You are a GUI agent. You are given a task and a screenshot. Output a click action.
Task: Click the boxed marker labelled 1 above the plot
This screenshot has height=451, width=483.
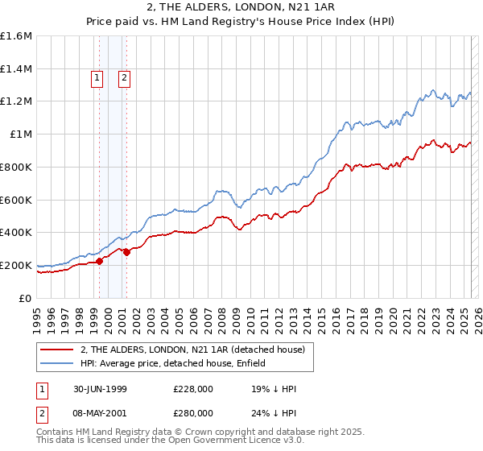click(97, 78)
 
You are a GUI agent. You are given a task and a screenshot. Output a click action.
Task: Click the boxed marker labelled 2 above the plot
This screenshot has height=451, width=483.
click(125, 78)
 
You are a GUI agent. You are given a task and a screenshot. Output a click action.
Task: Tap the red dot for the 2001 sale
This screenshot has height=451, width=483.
click(126, 252)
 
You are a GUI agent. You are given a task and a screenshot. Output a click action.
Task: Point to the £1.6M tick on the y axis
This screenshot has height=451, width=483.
click(16, 36)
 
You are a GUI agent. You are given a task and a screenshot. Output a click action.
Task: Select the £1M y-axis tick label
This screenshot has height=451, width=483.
click(20, 134)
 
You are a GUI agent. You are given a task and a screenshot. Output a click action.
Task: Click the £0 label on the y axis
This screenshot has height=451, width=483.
click(25, 298)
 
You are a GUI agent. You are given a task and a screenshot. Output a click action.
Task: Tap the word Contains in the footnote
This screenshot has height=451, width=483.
click(57, 432)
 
